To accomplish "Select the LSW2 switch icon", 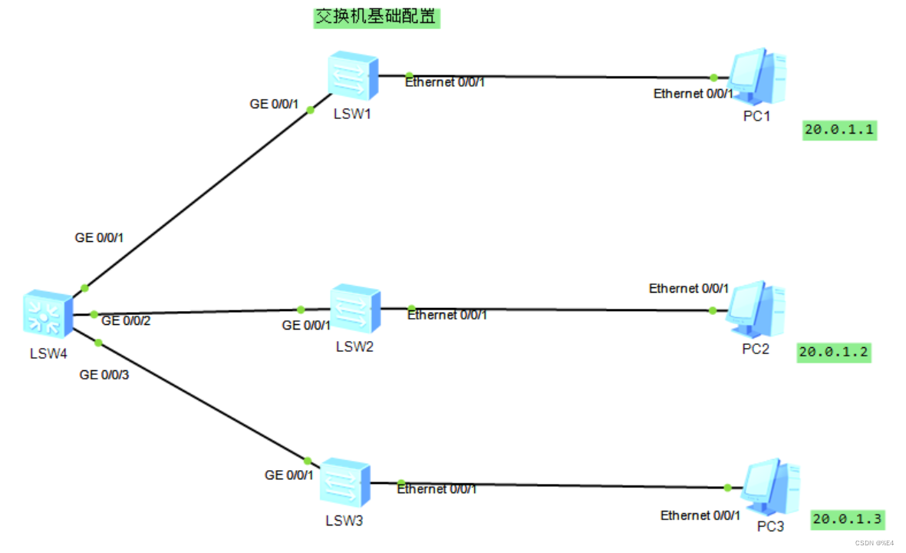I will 355,310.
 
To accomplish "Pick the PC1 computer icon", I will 756,77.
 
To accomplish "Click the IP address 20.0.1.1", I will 839,130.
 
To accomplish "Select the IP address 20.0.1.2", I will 835,353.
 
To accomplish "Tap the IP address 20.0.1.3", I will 848,519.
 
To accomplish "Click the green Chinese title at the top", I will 377,17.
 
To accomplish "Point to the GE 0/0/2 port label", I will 126,320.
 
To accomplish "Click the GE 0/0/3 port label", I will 104,375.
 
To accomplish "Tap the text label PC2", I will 756,349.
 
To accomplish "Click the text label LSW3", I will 344,522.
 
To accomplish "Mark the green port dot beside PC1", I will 713,78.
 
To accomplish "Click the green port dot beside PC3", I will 727,488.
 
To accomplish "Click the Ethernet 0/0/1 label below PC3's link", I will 700,515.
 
